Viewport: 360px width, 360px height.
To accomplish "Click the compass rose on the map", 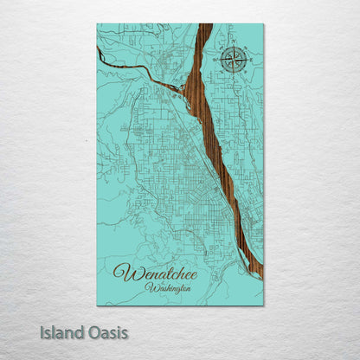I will click(x=232, y=61).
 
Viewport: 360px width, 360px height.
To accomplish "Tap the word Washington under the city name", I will click(x=169, y=287).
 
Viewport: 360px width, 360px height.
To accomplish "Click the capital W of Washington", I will click(x=150, y=286).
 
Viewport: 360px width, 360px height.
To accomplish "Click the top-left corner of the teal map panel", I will click(x=97, y=24).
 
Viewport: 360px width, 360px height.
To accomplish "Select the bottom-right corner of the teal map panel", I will click(x=263, y=305).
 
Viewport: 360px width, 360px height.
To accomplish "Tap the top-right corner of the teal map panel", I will click(x=263, y=24).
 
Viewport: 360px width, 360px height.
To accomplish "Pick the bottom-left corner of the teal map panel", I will click(x=97, y=305).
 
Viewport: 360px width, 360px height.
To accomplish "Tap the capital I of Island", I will click(x=42, y=332).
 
